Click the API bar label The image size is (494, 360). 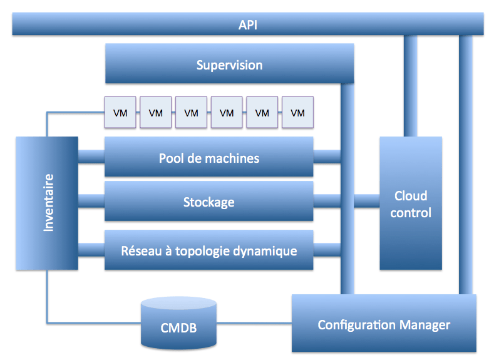247,25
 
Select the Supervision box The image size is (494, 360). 229,65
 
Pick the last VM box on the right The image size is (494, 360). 297,113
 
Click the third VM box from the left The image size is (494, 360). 191,113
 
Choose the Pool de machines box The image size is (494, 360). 208,158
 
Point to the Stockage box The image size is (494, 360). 208,202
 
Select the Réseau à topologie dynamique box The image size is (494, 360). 208,250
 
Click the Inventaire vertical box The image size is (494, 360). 47,203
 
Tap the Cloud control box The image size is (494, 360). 411,203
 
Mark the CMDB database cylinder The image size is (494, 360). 178,323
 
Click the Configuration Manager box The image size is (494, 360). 384,324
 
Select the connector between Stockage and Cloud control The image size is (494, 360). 367,201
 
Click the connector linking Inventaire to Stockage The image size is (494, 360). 91,201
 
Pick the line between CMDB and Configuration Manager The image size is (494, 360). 254,324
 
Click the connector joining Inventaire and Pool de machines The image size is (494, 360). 91,155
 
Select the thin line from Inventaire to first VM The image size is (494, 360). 75,113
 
